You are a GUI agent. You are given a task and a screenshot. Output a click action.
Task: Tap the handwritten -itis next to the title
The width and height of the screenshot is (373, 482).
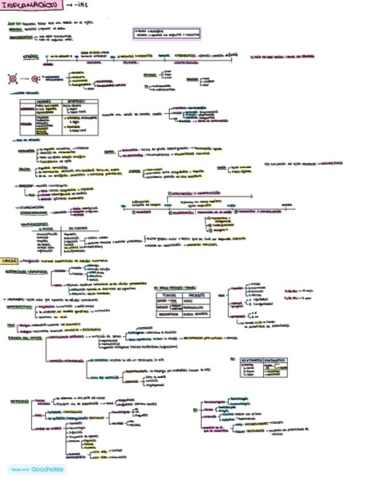coord(84,5)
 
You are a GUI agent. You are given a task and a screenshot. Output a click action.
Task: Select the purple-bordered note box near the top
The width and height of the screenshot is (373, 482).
coord(167,33)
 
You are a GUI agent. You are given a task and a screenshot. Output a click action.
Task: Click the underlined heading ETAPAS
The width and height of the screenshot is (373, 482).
coord(30,57)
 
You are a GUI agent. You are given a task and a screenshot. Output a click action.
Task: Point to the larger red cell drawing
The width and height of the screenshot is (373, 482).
coord(12,78)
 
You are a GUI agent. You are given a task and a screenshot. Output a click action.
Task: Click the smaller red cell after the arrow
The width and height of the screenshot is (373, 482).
coord(35,78)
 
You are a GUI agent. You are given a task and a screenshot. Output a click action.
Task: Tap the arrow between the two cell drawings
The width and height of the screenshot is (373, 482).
coord(24,78)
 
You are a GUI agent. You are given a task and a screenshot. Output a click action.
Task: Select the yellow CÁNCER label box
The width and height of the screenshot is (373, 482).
coord(9,260)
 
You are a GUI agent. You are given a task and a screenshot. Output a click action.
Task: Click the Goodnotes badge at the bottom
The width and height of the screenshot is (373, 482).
coord(37,469)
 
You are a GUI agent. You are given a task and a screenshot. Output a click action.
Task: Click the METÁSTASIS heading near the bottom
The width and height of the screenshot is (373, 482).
coord(19,401)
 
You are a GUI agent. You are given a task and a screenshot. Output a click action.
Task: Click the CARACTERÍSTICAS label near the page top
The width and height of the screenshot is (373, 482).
coord(20,37)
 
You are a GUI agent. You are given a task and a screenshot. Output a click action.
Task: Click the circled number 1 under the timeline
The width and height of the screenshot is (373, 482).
coord(133,212)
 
